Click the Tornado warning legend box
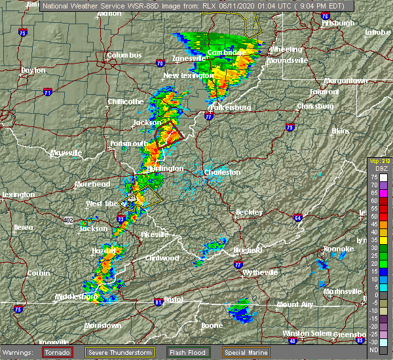coord(58,352)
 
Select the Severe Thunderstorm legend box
coord(121,352)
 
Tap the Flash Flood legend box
coord(189,352)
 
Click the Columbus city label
coord(124,56)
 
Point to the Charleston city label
coord(223,173)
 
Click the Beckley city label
coord(249,212)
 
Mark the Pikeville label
coord(155,234)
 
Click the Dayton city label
coord(33,70)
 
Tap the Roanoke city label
coord(339,248)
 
